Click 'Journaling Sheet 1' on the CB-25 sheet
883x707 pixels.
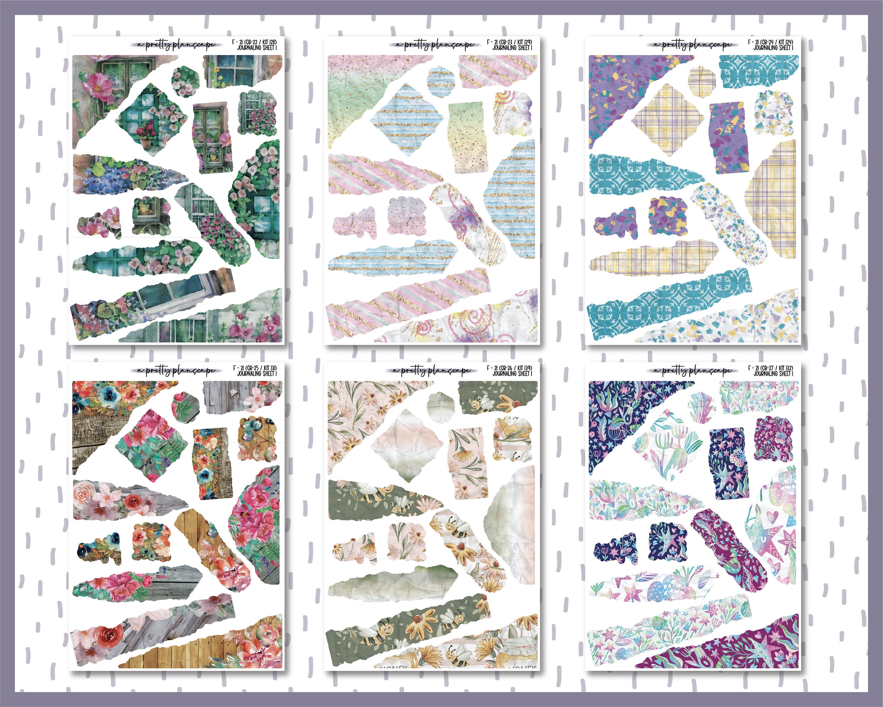(257, 374)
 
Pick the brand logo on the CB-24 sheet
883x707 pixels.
(692, 45)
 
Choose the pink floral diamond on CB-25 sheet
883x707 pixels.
(152, 445)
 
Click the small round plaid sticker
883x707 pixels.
(702, 80)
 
